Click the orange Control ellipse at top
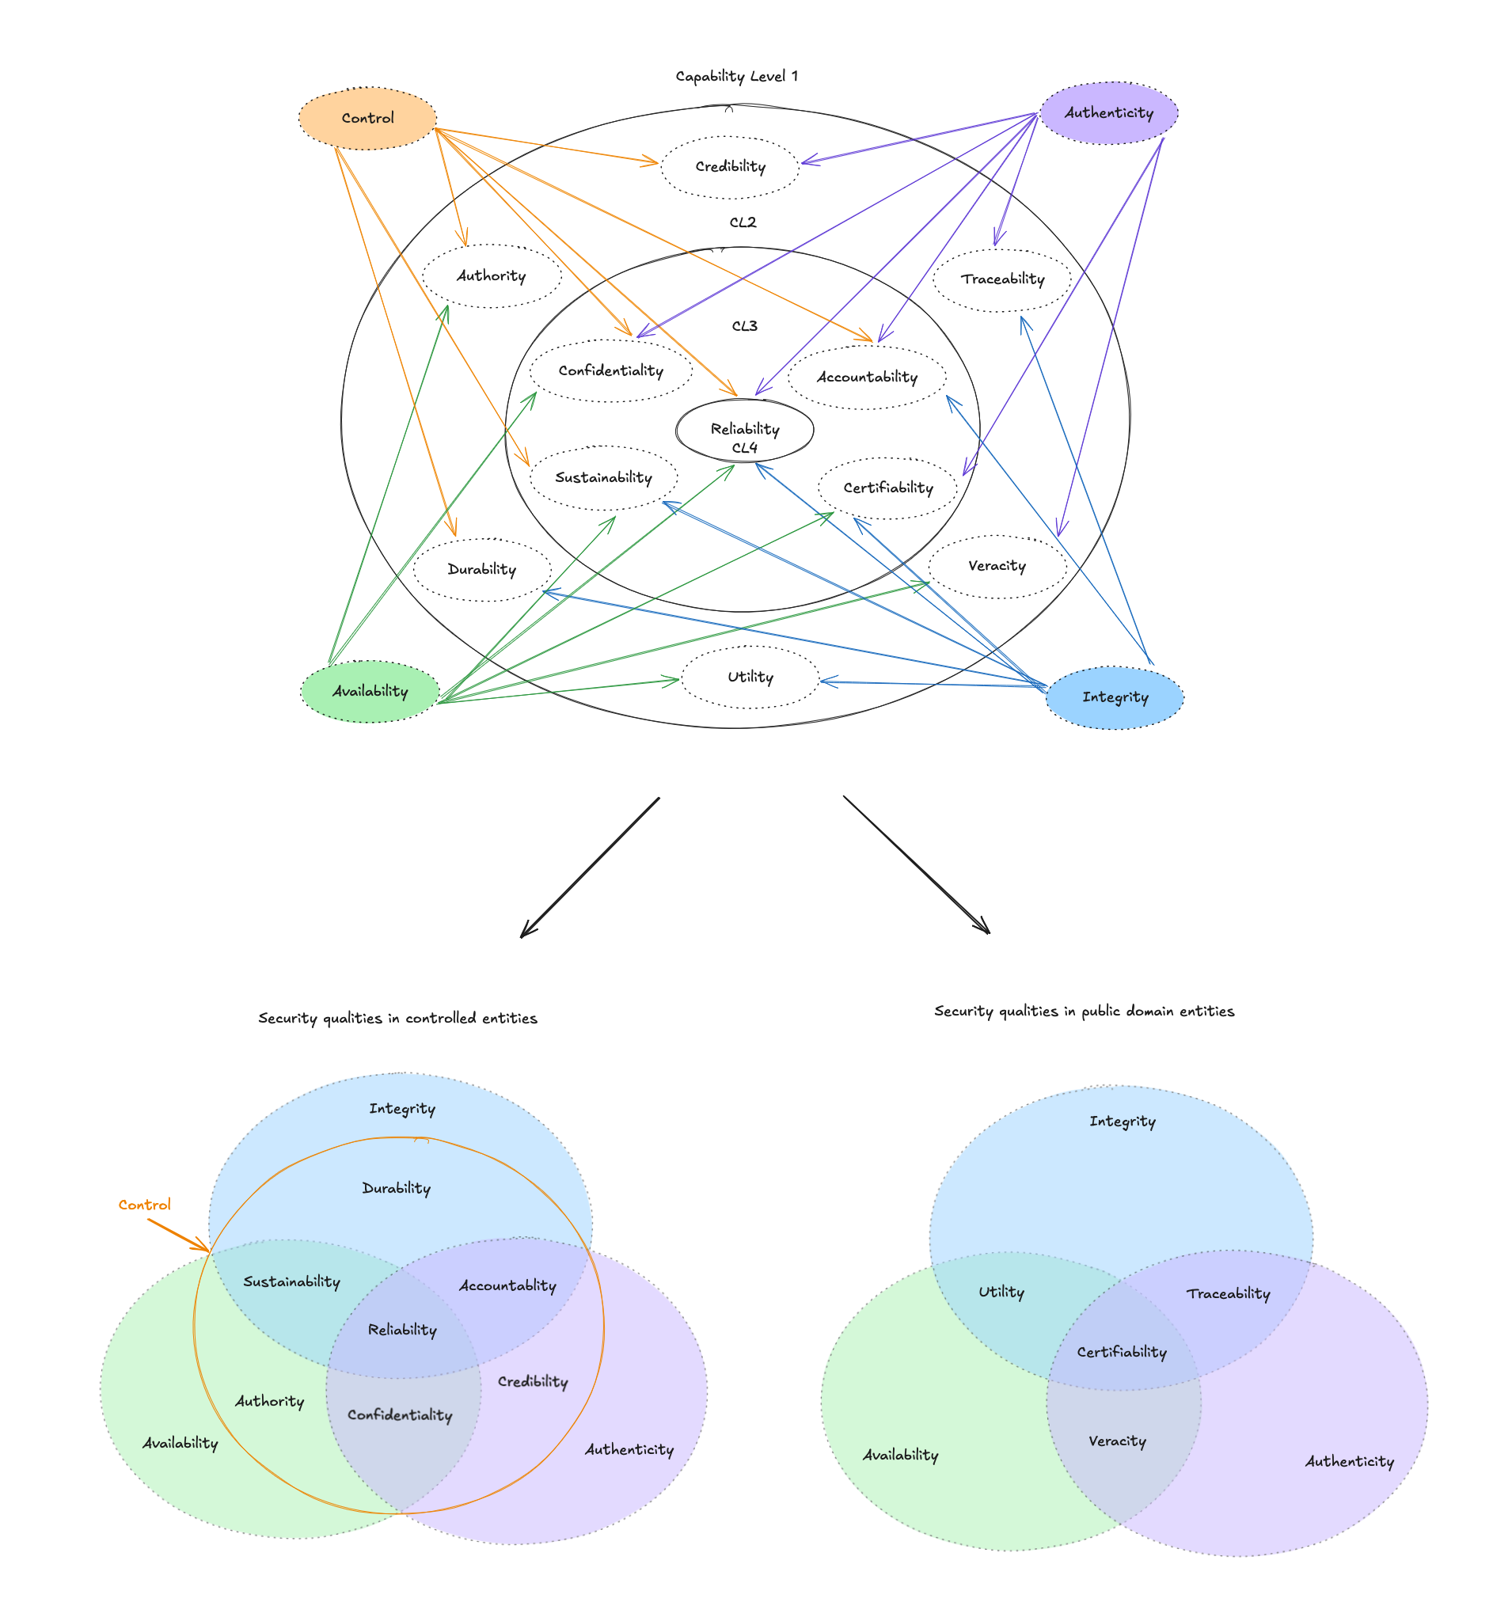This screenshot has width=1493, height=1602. click(x=367, y=119)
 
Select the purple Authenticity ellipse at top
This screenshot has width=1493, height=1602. click(x=1108, y=113)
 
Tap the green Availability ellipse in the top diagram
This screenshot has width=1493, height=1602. click(x=370, y=692)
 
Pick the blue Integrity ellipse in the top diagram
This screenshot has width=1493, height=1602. click(x=1115, y=697)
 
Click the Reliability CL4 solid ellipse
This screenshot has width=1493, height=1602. click(x=744, y=431)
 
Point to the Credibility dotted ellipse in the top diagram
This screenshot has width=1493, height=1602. click(x=731, y=167)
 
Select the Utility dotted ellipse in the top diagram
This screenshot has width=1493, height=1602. click(x=750, y=677)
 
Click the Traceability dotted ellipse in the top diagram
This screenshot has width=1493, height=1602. click(x=1002, y=279)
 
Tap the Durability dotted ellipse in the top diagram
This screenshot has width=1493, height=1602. click(x=482, y=570)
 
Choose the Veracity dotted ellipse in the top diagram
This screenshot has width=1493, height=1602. click(x=997, y=566)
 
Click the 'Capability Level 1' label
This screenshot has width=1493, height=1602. click(x=736, y=77)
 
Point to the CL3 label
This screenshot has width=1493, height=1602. click(x=744, y=326)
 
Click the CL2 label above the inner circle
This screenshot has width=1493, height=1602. click(x=743, y=222)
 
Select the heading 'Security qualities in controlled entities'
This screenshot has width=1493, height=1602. click(x=397, y=1018)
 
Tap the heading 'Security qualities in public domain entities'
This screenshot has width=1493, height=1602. click(x=1084, y=1011)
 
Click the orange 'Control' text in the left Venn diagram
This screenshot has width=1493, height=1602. click(x=144, y=1205)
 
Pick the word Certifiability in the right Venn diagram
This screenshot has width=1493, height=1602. click(x=1122, y=1352)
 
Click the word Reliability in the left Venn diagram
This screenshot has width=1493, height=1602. click(x=402, y=1330)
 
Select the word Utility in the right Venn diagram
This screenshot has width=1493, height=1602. click(x=1001, y=1292)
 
